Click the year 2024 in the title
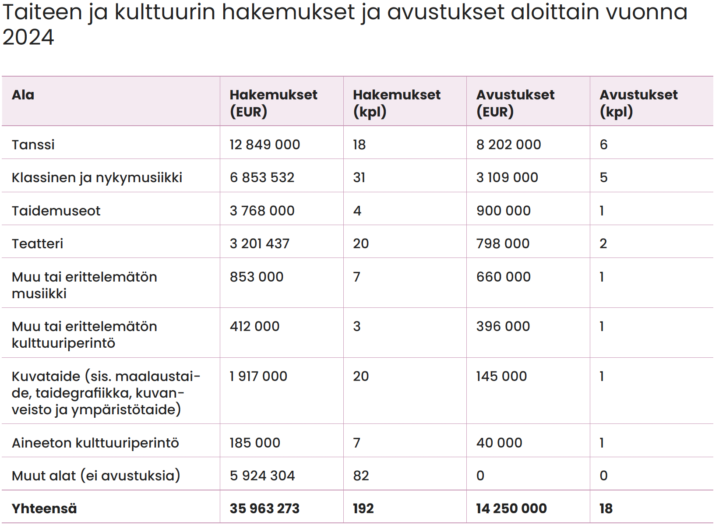coord(28,37)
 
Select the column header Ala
coord(23,95)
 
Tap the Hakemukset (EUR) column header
coord(274,103)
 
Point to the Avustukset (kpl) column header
coord(639,103)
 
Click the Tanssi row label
coord(33,145)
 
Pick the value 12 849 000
coord(265,145)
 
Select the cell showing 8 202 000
coord(509,145)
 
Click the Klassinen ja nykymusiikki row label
coord(97,178)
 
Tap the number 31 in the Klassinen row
coord(359,178)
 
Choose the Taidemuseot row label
coord(56,211)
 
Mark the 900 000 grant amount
coord(504,211)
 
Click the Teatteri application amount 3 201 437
coord(260,243)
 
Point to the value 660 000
coord(504,277)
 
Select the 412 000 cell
coord(254,326)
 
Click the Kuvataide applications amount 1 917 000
coord(258,377)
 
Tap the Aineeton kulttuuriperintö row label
coord(95,443)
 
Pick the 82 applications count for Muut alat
coord(361,476)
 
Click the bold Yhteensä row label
coord(44,509)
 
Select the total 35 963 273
coord(265,509)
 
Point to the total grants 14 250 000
coord(511,509)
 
